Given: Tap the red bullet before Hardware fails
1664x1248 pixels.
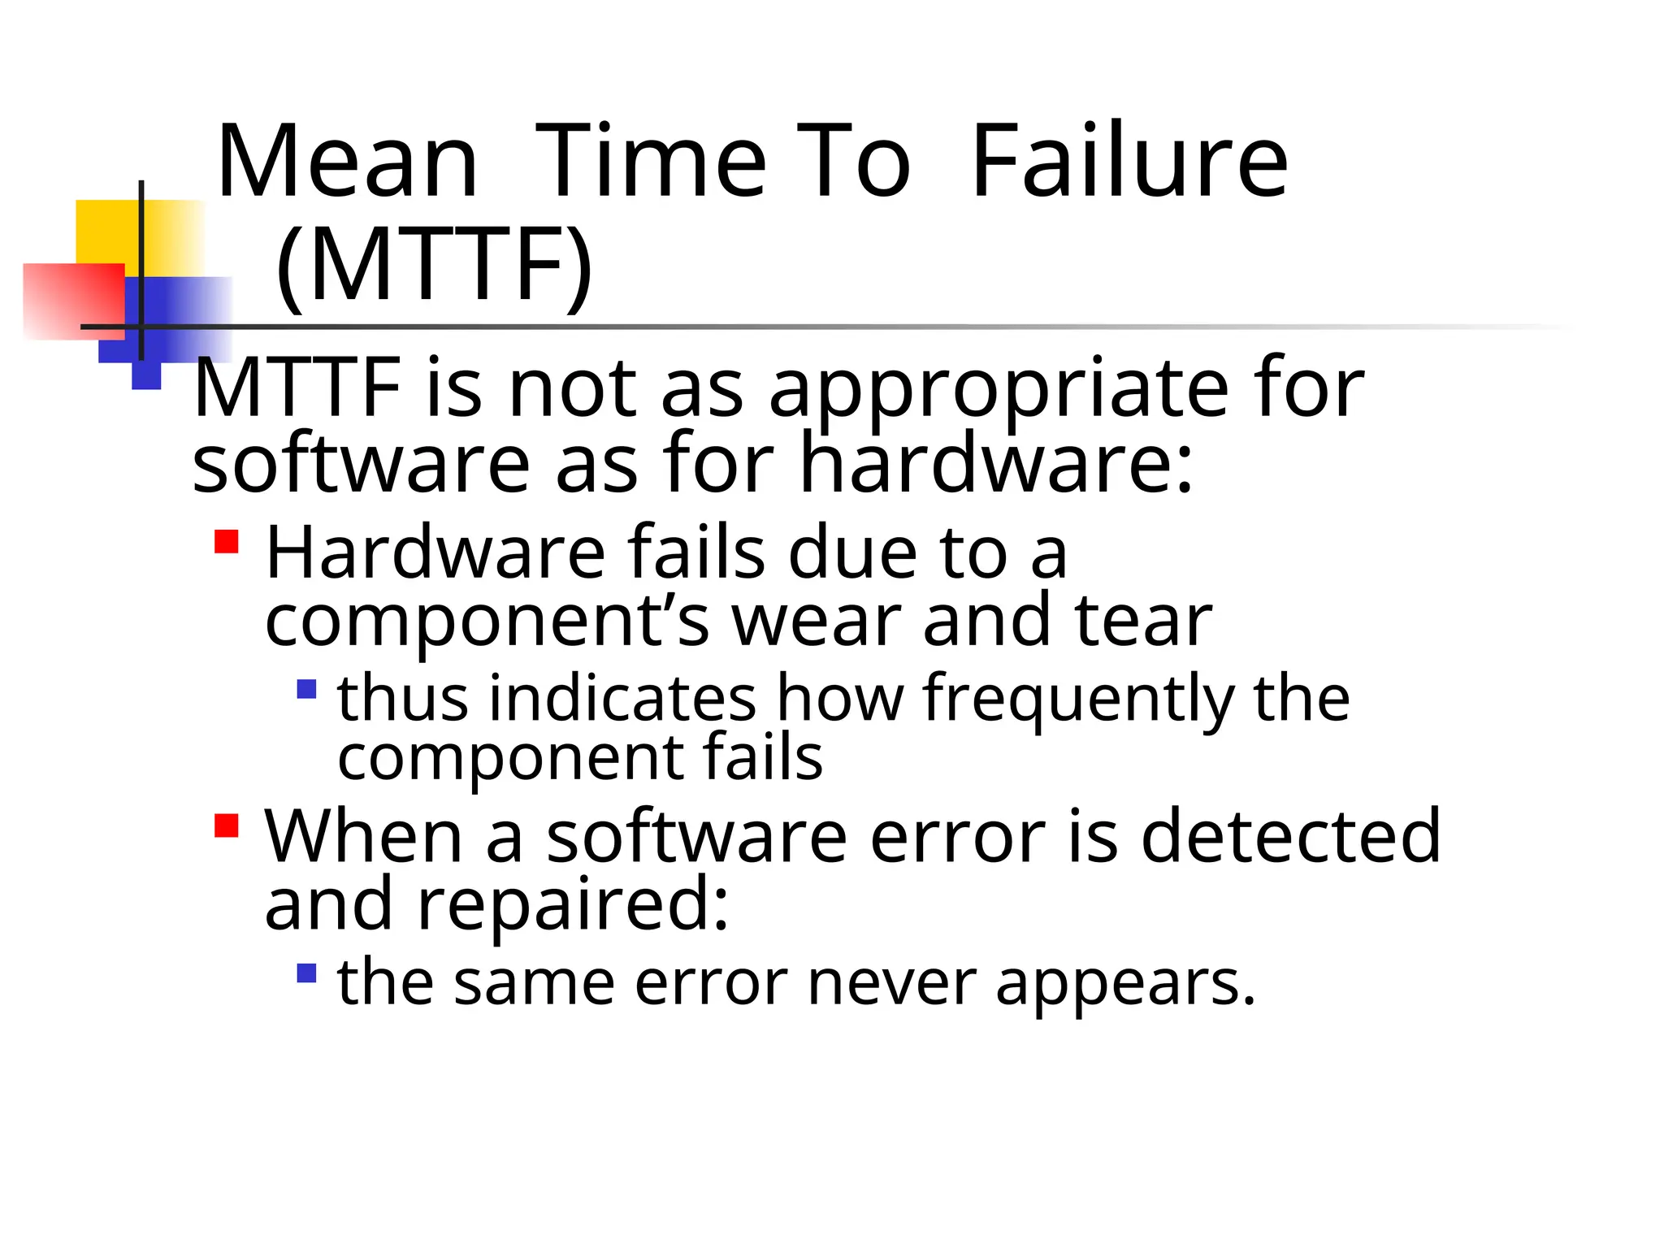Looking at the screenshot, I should [x=226, y=542].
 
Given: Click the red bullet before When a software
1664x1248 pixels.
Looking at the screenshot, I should [x=226, y=825].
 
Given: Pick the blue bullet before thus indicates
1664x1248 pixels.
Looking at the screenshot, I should [x=306, y=690].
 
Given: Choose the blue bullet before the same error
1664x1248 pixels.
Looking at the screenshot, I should [x=306, y=973].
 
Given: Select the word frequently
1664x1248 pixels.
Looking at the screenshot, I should [x=1078, y=700].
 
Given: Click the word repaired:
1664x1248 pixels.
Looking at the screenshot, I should [x=573, y=905].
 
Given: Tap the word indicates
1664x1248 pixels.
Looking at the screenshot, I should [x=622, y=698].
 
